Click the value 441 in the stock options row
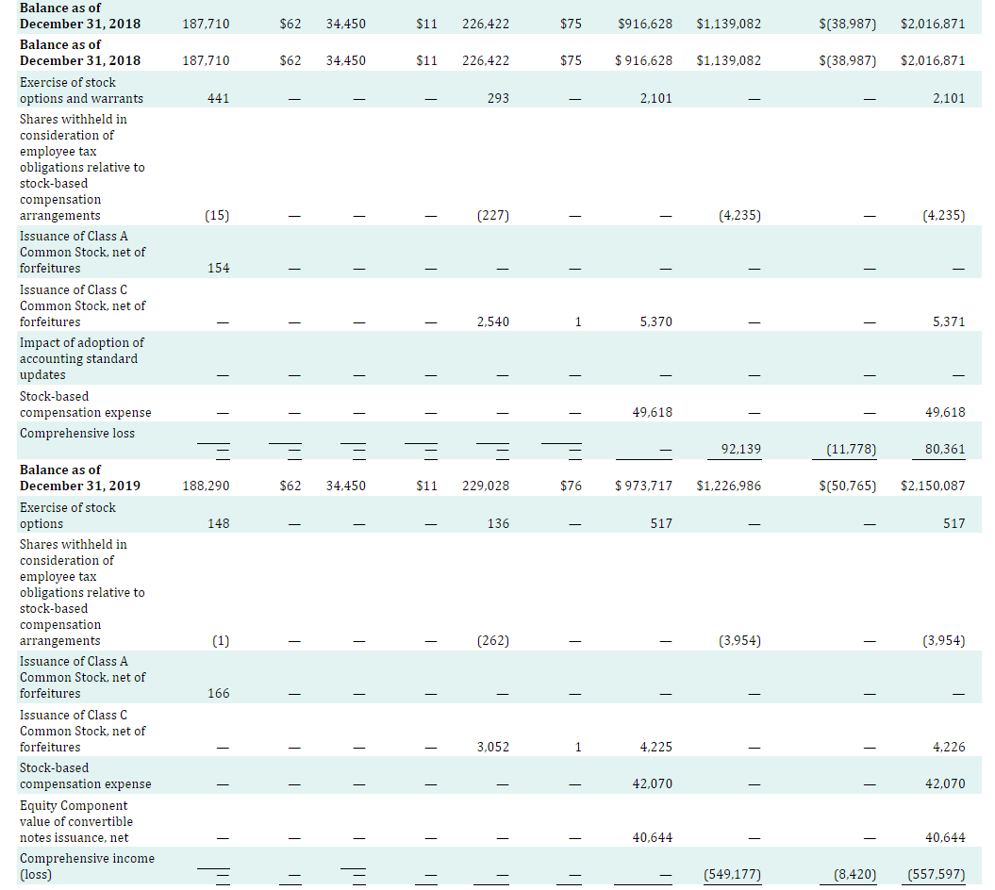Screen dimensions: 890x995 (x=217, y=99)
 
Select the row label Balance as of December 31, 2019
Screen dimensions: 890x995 (x=80, y=478)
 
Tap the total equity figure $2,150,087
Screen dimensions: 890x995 (x=933, y=486)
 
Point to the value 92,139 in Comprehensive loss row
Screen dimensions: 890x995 (x=741, y=450)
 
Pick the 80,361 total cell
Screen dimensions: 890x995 (x=946, y=450)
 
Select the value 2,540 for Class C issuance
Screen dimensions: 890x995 (x=493, y=322)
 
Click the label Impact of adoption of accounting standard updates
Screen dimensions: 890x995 (x=82, y=358)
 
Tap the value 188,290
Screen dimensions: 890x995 (x=205, y=486)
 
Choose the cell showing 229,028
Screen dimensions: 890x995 (x=486, y=486)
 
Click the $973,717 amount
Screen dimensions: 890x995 (x=643, y=486)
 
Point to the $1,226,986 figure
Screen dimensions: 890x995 (x=728, y=486)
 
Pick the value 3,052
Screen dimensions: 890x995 (x=493, y=748)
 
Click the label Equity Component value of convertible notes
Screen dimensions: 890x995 (x=76, y=821)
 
